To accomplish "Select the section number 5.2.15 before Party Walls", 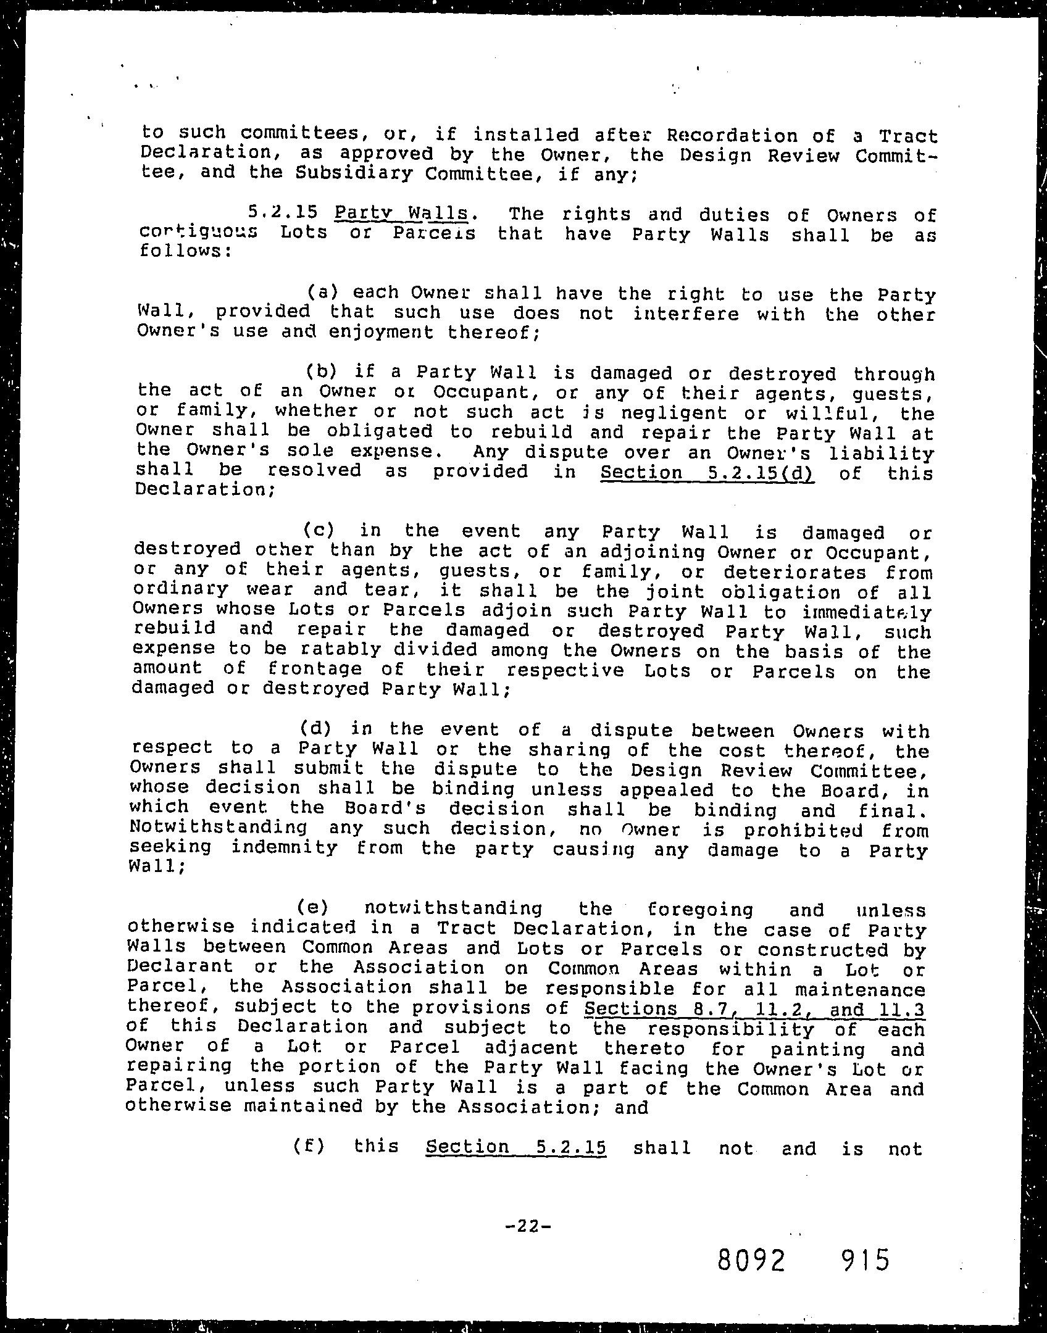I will pyautogui.click(x=283, y=214).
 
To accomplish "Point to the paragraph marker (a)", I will pyautogui.click(x=322, y=293).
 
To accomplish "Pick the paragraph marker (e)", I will pyautogui.click(x=312, y=908).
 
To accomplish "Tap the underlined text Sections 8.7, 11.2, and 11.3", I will pyautogui.click(x=754, y=1008).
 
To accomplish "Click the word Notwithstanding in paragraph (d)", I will pyautogui.click(x=219, y=827).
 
